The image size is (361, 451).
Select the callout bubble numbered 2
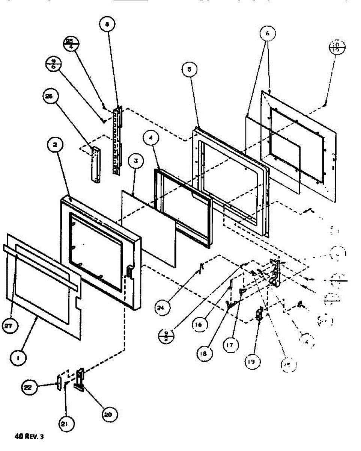click(56, 146)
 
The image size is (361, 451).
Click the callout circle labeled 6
click(268, 34)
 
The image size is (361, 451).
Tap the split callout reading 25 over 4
click(72, 44)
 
